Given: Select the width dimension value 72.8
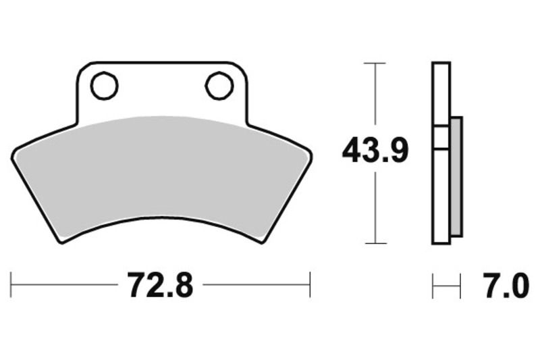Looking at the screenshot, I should [x=160, y=286].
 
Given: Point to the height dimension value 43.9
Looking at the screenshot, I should [x=375, y=151].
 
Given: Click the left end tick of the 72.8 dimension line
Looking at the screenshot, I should [x=11, y=285].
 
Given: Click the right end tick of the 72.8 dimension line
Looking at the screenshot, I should [x=310, y=285].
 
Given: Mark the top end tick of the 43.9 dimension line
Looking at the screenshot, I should [x=375, y=63].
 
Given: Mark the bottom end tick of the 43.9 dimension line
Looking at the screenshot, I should [x=375, y=243].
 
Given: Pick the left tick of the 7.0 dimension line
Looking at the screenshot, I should [x=433, y=285].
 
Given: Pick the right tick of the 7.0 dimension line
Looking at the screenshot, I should [x=460, y=285].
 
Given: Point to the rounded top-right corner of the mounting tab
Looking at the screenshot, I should [x=242, y=68].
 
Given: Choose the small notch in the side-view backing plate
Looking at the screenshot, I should [x=440, y=137].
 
